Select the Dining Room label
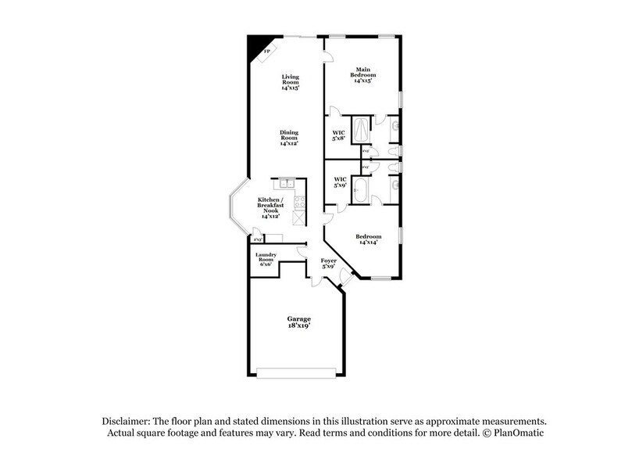pos(289,138)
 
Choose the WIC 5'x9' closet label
pos(339,183)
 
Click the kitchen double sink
pos(285,184)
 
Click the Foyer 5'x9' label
pos(329,264)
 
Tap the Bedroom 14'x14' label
pos(368,240)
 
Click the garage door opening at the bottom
pos(298,378)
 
